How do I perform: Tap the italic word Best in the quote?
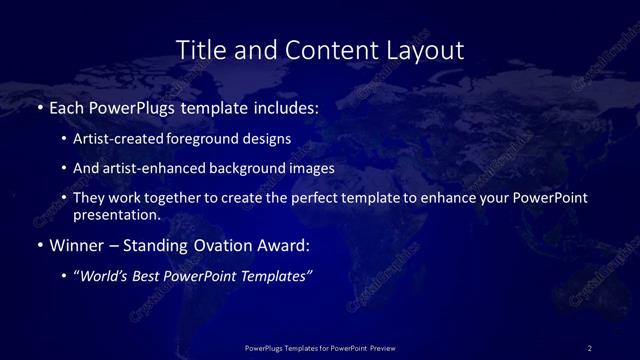(x=151, y=276)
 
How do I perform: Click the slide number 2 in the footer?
(x=590, y=347)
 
